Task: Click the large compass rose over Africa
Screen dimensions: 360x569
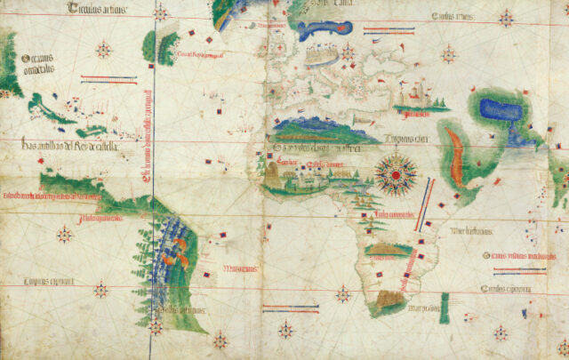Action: (x=392, y=174)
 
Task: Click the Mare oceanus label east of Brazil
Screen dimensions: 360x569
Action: (x=240, y=268)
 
